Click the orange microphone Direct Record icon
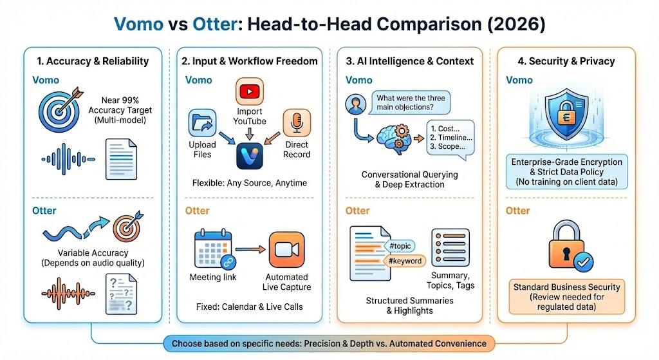tap(297, 122)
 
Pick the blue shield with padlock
tap(566, 114)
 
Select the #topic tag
tap(400, 246)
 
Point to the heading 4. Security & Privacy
tap(566, 61)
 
